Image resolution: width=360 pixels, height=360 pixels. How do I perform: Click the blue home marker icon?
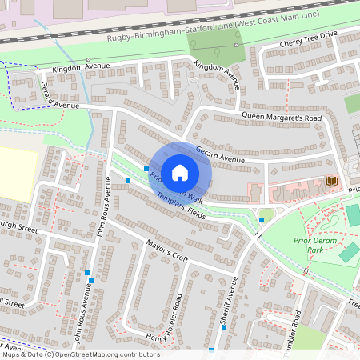tap(180, 173)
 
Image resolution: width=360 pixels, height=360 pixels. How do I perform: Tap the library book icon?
tap(331, 182)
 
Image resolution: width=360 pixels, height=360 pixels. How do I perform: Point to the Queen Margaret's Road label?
tap(282, 118)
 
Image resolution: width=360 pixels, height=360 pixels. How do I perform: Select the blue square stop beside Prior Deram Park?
tap(262, 219)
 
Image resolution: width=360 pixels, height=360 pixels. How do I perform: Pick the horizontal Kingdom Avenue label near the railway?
tap(79, 70)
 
